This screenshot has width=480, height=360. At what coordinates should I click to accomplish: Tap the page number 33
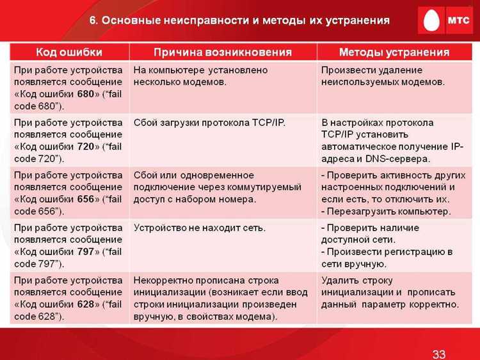coord(439,354)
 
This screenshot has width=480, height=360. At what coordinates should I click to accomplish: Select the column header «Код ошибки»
coord(68,52)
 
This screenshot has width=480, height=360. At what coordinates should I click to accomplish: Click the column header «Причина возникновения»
coord(223,52)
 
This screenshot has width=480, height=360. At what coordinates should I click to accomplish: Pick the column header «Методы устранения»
coord(394,52)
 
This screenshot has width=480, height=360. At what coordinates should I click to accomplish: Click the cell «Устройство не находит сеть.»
coord(199,227)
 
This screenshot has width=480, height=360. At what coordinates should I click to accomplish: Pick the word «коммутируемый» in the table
coord(266,187)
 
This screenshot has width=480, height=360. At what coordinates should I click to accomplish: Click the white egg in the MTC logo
coord(428,20)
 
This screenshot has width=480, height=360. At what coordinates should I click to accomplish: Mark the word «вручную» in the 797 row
coord(365,263)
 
